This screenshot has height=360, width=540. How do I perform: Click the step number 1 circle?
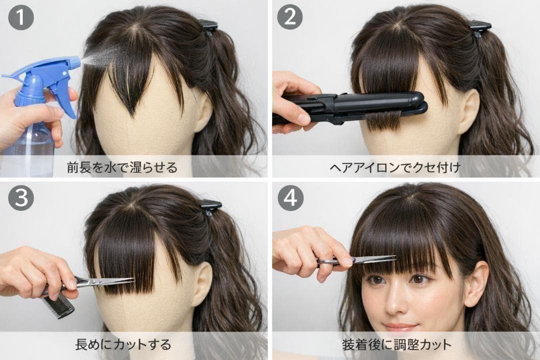[x=21, y=17]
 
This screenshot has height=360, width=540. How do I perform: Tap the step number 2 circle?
[x=290, y=16]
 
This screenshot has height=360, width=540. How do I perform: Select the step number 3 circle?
[x=21, y=197]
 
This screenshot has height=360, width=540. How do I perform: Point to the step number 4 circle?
[x=290, y=197]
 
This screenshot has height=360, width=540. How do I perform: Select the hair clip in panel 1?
[x=208, y=27]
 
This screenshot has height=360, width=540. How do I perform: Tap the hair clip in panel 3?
[x=211, y=206]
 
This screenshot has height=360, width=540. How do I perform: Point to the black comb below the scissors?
[x=58, y=307]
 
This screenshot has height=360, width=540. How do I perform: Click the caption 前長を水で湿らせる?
[x=122, y=167]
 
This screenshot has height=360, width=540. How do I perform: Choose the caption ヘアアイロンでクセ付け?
[x=395, y=167]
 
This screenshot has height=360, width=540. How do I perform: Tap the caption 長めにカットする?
[x=123, y=344]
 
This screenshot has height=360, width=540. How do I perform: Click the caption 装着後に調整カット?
[x=396, y=344]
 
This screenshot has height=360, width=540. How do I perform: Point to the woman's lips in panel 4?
[x=400, y=326]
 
